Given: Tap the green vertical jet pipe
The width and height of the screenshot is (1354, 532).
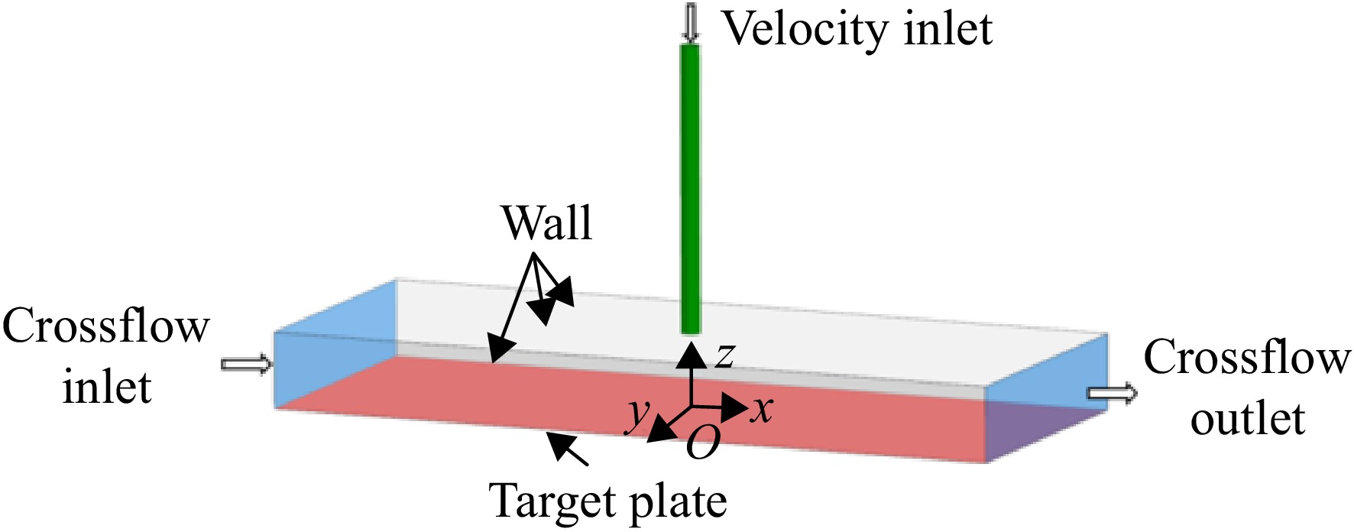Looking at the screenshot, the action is tap(690, 190).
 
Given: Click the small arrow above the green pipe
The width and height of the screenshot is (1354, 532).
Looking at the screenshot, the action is tap(691, 21).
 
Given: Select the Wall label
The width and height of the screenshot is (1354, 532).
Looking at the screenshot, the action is tap(546, 223).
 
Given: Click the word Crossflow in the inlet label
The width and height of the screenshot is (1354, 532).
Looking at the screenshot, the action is tap(105, 326).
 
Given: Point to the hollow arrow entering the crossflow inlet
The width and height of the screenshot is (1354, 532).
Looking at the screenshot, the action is tap(246, 364).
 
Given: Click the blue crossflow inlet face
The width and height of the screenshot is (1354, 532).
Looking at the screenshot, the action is tap(335, 343).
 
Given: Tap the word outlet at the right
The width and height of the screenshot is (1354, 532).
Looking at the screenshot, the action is tap(1247, 419).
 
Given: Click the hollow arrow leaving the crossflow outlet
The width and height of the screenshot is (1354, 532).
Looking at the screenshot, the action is tap(1112, 394).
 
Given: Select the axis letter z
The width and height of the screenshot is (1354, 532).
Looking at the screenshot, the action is tap(724, 355).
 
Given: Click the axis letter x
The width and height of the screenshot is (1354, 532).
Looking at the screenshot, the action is tap(761, 410).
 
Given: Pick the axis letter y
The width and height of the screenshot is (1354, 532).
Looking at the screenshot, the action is tap(638, 415).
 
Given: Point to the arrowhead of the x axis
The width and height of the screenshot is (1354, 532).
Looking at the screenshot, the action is tap(734, 407).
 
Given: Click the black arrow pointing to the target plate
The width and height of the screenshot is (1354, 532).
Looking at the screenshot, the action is tap(566, 449).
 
